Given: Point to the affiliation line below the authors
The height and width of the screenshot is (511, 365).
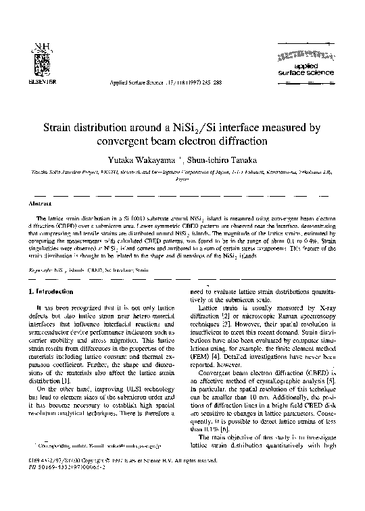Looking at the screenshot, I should [182, 174].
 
